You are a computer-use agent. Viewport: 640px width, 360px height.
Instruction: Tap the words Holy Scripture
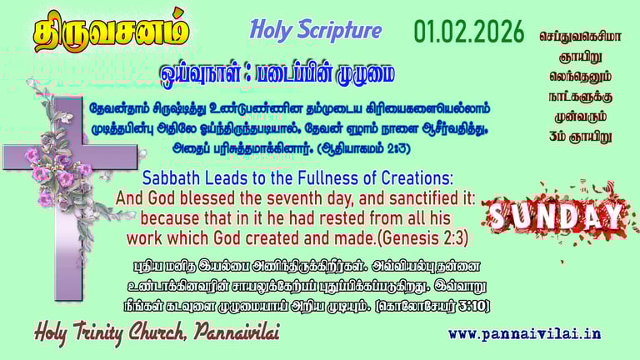[x=315, y=31]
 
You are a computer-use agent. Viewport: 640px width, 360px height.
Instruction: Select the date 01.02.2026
[x=469, y=32]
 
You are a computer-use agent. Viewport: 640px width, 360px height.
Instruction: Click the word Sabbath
[x=173, y=179]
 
